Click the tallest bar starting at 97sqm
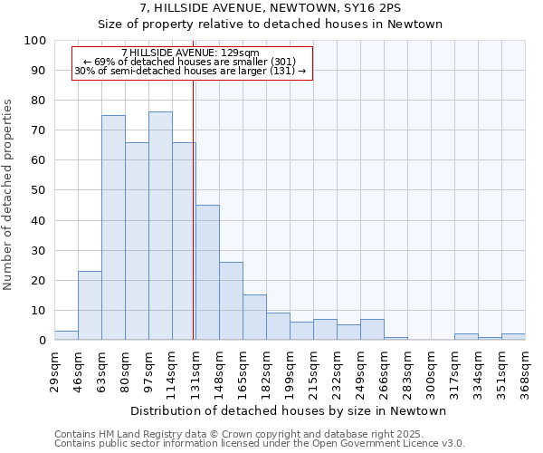point(160,226)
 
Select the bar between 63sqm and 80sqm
point(113,227)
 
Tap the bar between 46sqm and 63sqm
point(90,305)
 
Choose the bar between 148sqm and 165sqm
point(231,301)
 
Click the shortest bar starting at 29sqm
point(66,335)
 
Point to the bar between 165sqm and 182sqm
point(254,317)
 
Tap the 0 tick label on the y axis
point(42,340)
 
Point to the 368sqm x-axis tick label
point(525,370)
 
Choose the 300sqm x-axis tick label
point(431,370)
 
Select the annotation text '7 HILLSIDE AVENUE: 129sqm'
point(190,53)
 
